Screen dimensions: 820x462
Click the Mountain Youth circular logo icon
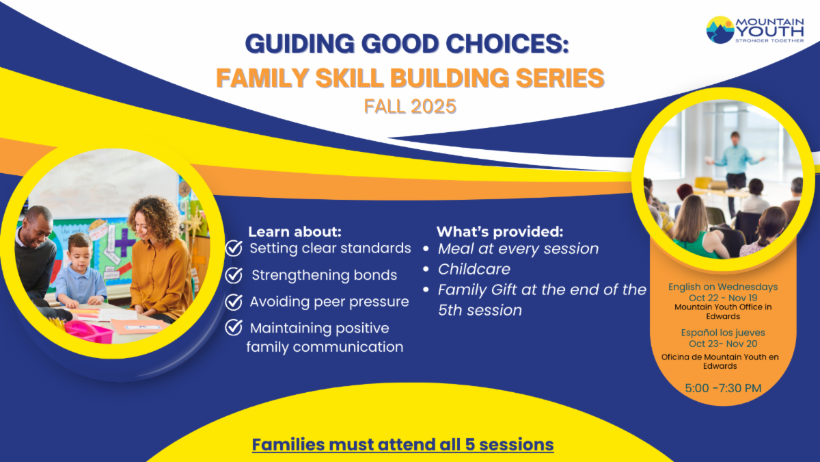(x=720, y=30)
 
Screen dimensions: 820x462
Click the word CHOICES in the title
(x=507, y=44)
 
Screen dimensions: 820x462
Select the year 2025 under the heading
(x=433, y=107)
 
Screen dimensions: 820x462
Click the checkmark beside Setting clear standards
(x=234, y=248)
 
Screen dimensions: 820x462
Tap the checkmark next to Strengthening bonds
(x=234, y=275)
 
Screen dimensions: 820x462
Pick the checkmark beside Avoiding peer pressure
(x=234, y=302)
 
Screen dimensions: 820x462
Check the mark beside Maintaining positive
(x=234, y=327)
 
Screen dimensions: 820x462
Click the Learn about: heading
(x=295, y=232)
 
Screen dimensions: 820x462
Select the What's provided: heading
(x=500, y=232)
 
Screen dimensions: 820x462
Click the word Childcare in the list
(x=474, y=269)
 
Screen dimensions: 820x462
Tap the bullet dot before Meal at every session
(x=426, y=249)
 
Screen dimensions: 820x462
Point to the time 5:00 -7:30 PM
(x=723, y=388)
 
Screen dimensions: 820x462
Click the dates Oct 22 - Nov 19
(x=723, y=298)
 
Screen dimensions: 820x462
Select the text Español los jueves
(x=723, y=333)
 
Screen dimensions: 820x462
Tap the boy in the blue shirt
(x=81, y=271)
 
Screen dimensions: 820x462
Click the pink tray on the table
(x=90, y=331)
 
